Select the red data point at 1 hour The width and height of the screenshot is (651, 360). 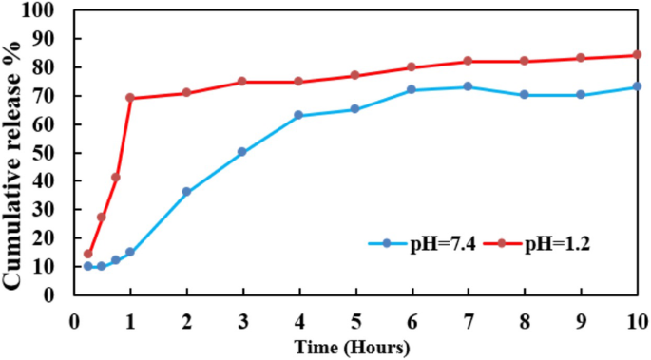point(130,98)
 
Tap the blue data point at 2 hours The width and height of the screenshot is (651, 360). point(186,192)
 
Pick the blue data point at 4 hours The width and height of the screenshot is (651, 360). point(298,115)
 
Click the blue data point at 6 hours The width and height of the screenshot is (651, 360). point(412,89)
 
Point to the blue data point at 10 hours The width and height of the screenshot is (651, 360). point(637,86)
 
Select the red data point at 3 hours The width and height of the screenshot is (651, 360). point(242,82)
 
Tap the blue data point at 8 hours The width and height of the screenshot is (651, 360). point(524,95)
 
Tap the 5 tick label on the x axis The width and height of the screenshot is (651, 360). point(355,321)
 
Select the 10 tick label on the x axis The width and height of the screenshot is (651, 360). point(636,321)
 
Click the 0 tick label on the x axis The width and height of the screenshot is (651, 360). point(74,321)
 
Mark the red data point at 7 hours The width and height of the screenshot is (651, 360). point(468,61)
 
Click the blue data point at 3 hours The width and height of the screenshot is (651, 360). point(242,152)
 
